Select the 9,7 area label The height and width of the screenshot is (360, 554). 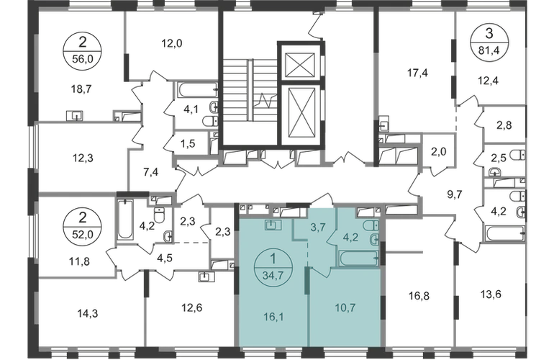point(454,193)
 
